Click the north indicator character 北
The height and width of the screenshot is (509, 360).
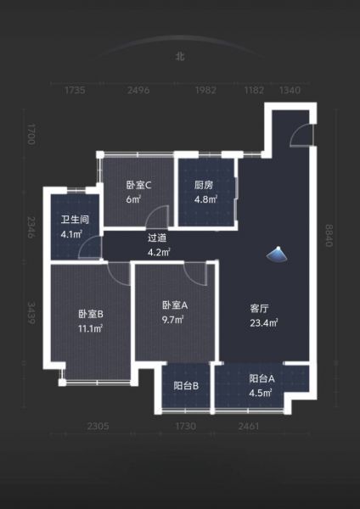180,57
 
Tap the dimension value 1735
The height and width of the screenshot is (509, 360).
75,90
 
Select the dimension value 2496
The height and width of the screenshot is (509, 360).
138,90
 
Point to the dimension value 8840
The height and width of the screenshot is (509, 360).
329,236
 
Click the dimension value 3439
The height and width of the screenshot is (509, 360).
31,313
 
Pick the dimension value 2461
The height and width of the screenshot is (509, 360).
249,426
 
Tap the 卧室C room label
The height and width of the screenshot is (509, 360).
138,185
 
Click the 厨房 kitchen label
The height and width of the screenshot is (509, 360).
204,185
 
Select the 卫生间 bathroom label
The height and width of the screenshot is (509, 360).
75,220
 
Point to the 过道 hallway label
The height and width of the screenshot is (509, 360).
157,238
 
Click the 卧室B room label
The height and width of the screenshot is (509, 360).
91,314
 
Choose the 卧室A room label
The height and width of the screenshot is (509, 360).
175,305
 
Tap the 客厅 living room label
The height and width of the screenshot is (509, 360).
260,309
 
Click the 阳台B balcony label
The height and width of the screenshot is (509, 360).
186,386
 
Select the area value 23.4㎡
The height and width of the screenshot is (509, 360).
263,323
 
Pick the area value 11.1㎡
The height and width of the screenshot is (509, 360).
90,329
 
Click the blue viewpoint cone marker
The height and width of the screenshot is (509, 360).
278,254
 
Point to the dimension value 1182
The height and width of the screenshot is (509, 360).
254,90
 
